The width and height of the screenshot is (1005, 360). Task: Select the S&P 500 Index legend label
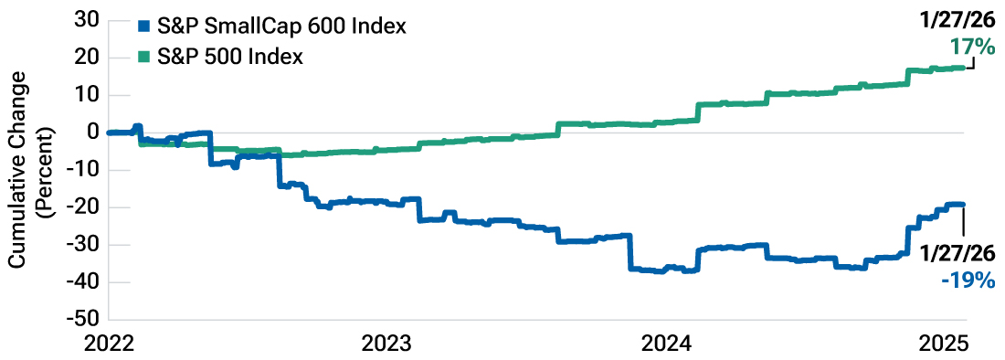tap(229, 58)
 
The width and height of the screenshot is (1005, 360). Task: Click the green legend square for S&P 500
tap(142, 58)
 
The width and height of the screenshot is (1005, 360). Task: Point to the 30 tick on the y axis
tap(88, 21)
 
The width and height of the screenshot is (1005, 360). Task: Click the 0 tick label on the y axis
tap(93, 132)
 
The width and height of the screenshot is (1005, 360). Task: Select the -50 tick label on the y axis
tap(85, 320)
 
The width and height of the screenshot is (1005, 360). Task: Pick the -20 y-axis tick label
tap(85, 207)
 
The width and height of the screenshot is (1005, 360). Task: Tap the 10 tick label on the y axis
tap(88, 95)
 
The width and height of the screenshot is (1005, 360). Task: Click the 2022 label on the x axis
tap(111, 345)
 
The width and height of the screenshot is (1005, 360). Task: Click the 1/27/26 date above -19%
tap(958, 253)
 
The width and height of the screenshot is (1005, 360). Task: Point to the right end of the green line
tap(964, 67)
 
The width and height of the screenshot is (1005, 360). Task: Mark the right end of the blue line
tap(964, 205)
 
